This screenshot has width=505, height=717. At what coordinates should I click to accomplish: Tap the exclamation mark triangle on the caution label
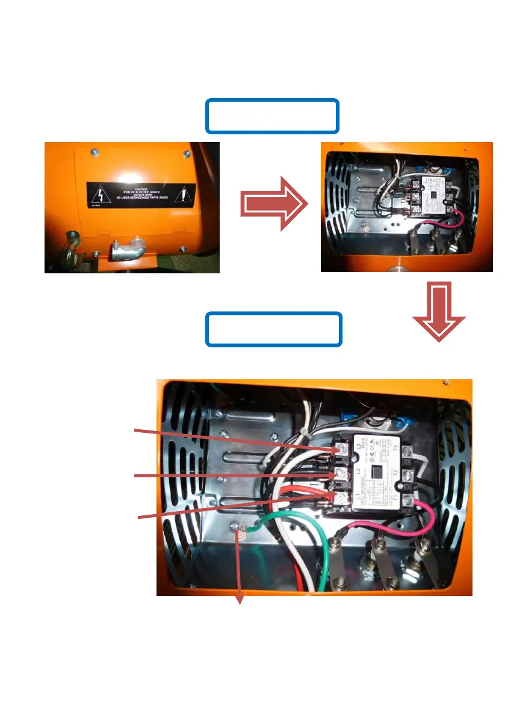184,194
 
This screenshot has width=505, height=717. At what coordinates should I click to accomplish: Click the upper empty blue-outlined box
273,116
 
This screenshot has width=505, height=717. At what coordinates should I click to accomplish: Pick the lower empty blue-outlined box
274,329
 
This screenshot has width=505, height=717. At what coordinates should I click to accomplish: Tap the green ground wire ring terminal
242,532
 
